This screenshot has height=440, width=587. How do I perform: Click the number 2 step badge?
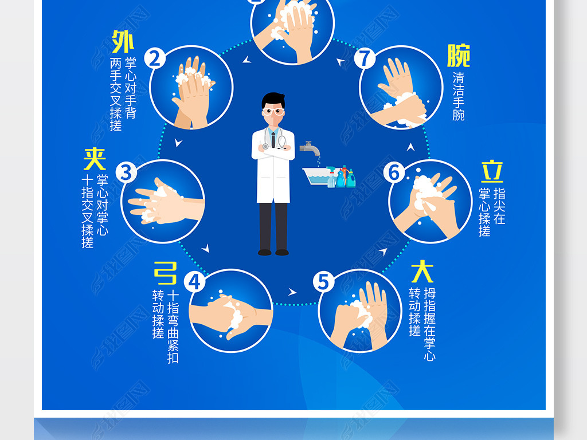(x=155, y=58)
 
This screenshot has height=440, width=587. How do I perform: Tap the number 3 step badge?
(x=126, y=172)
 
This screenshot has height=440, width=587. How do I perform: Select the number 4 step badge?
(x=195, y=281)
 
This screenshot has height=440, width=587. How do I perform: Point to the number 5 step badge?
(x=324, y=282)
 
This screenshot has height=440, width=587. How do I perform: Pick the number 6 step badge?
(x=394, y=172)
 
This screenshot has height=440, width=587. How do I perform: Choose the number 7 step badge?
(x=365, y=58)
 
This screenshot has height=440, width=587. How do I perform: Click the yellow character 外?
(x=123, y=42)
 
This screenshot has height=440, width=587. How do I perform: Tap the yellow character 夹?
(x=95, y=159)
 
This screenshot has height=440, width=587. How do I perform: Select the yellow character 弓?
(x=165, y=273)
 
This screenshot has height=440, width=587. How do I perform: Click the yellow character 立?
(x=492, y=171)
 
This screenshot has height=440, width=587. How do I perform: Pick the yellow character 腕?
(x=458, y=56)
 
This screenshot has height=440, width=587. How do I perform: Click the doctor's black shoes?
(x=273, y=252)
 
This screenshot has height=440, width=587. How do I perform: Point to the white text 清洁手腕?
(x=458, y=96)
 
